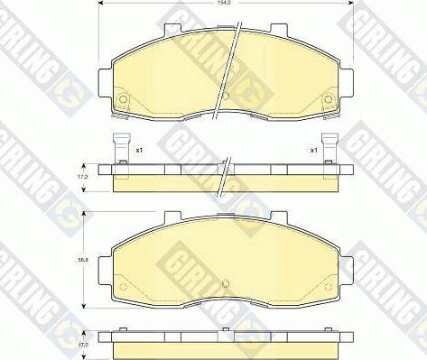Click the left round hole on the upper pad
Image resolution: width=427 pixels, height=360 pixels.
pyautogui.click(x=122, y=99)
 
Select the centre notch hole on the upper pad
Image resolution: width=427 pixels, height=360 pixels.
pyautogui.click(x=226, y=97)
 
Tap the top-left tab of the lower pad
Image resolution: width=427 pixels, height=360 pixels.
pyautogui.click(x=168, y=217)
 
